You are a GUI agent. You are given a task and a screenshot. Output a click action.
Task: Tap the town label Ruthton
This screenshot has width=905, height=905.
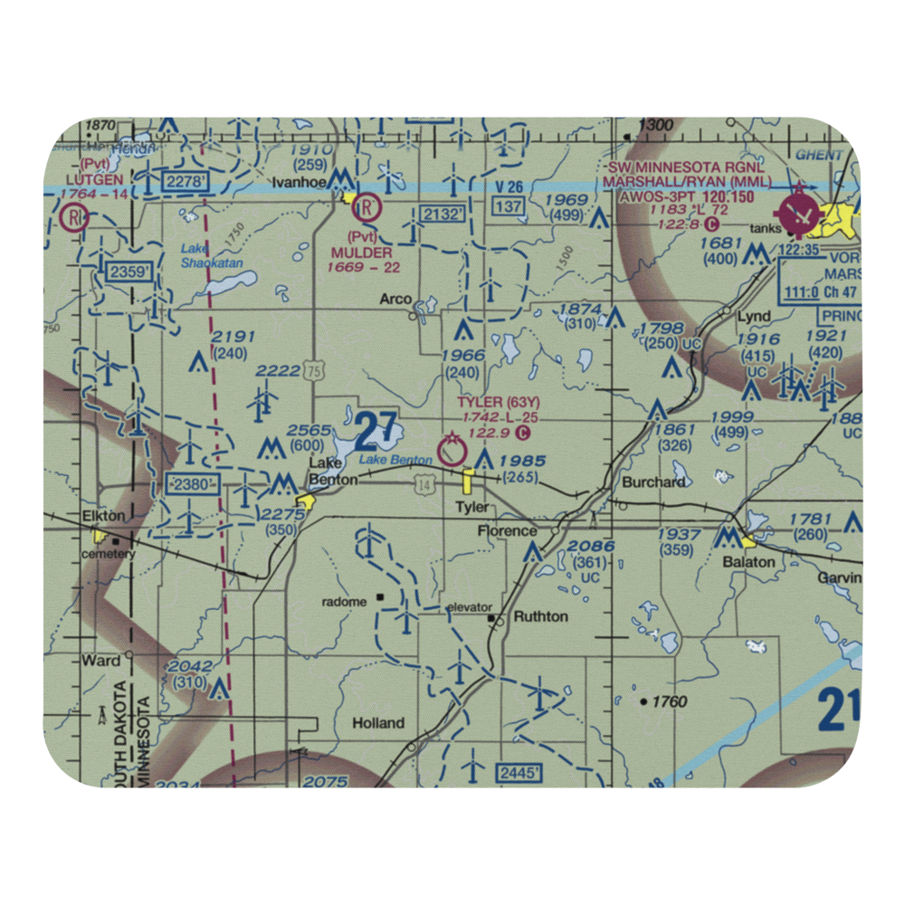(540, 616)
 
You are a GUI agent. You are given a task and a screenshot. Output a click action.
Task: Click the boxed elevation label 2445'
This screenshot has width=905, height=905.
(519, 773)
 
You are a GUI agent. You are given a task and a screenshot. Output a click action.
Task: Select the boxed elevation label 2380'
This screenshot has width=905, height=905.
(194, 485)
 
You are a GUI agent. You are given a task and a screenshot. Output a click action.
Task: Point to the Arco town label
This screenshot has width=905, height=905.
(395, 300)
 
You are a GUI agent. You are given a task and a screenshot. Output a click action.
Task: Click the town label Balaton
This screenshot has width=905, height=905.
(748, 562)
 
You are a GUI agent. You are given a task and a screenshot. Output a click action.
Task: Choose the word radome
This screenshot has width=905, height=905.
(346, 602)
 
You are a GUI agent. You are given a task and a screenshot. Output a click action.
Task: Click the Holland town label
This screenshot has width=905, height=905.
(378, 723)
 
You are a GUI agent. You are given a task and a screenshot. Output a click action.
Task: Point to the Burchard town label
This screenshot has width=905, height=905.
(653, 482)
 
